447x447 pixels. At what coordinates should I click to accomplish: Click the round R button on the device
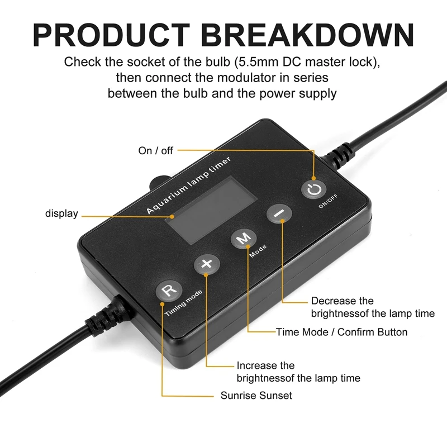tap(168, 291)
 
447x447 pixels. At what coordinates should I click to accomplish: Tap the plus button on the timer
tap(207, 264)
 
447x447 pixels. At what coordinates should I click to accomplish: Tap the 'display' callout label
tap(61, 214)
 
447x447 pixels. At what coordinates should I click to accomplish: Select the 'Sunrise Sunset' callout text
tap(256, 396)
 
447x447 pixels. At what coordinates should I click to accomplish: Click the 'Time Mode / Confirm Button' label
tap(342, 332)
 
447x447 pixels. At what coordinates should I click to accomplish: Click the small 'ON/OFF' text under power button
tap(328, 204)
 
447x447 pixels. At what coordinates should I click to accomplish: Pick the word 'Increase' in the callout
tap(258, 365)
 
